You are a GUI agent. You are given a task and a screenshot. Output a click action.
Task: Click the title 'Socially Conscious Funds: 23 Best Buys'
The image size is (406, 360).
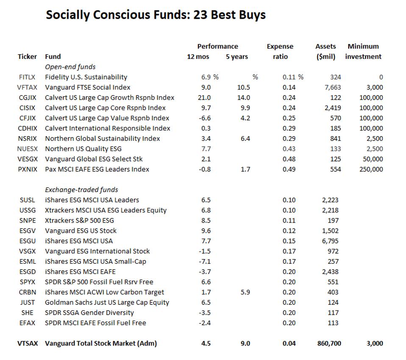pyautogui.click(x=156, y=15)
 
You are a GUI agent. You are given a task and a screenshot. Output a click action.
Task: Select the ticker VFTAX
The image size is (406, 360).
pyautogui.click(x=27, y=87)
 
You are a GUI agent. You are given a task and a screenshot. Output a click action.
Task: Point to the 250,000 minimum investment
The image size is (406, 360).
pyautogui.click(x=370, y=169)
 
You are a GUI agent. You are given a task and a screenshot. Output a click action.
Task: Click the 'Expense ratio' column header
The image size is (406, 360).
pyautogui.click(x=280, y=51)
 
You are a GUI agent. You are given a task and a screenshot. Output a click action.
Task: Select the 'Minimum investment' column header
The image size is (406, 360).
pyautogui.click(x=363, y=51)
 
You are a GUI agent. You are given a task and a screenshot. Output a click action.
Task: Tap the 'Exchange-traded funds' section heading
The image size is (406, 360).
pyautogui.click(x=81, y=190)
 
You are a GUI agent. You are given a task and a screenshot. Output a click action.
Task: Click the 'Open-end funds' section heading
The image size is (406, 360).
pyautogui.click(x=70, y=67)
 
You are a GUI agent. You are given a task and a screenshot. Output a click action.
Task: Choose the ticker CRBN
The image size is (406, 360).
pyautogui.click(x=27, y=292)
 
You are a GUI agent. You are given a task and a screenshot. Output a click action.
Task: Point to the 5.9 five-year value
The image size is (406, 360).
pyautogui.click(x=245, y=292)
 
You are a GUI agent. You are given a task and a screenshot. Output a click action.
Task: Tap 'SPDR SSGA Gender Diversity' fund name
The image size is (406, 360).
pyautogui.click(x=89, y=313)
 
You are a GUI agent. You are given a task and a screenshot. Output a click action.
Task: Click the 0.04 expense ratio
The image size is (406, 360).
pyautogui.click(x=289, y=343)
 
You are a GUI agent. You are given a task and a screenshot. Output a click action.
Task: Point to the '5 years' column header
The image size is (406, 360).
pyautogui.click(x=236, y=56)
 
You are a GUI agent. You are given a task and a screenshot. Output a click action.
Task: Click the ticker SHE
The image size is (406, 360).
pyautogui.click(x=27, y=313)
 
